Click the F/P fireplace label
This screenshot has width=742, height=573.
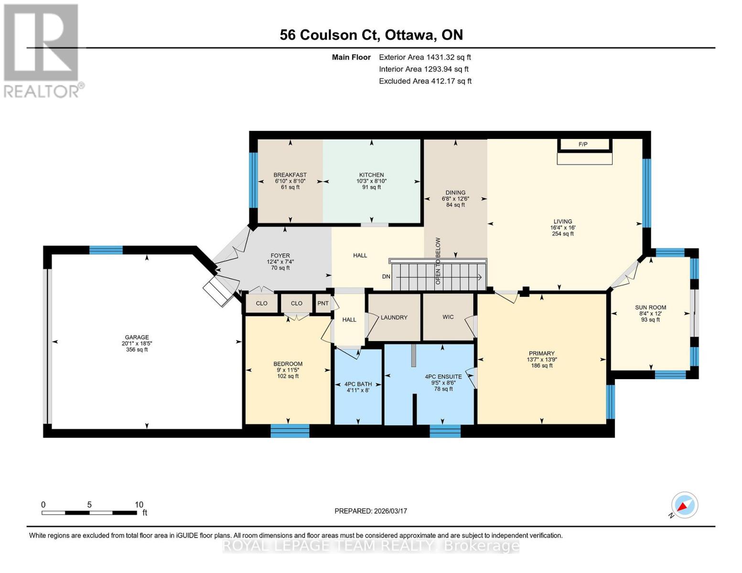[582, 144]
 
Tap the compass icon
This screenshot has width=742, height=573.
[684, 505]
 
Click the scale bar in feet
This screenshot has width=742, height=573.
[89, 512]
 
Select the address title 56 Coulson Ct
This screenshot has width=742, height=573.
[371, 35]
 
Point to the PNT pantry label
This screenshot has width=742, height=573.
[323, 303]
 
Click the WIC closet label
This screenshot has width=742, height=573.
[448, 317]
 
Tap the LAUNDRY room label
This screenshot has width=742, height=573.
[394, 318]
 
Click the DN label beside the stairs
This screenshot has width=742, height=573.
[386, 277]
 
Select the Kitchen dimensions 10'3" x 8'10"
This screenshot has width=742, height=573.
[371, 181]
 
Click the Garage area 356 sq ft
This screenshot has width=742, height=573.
[137, 350]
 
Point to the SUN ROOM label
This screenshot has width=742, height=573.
[650, 308]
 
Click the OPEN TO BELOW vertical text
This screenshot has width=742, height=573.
[438, 261]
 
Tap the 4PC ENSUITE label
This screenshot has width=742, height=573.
[443, 377]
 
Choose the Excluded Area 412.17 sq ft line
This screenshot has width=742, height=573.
[425, 81]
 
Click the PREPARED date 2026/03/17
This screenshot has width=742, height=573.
[370, 511]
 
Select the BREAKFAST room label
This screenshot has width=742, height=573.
[290, 175]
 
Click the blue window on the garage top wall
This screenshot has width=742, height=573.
[106, 250]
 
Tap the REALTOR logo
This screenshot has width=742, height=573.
[42, 50]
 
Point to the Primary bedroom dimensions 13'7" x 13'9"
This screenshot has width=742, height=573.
[541, 360]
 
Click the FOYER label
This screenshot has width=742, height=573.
[280, 256]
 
